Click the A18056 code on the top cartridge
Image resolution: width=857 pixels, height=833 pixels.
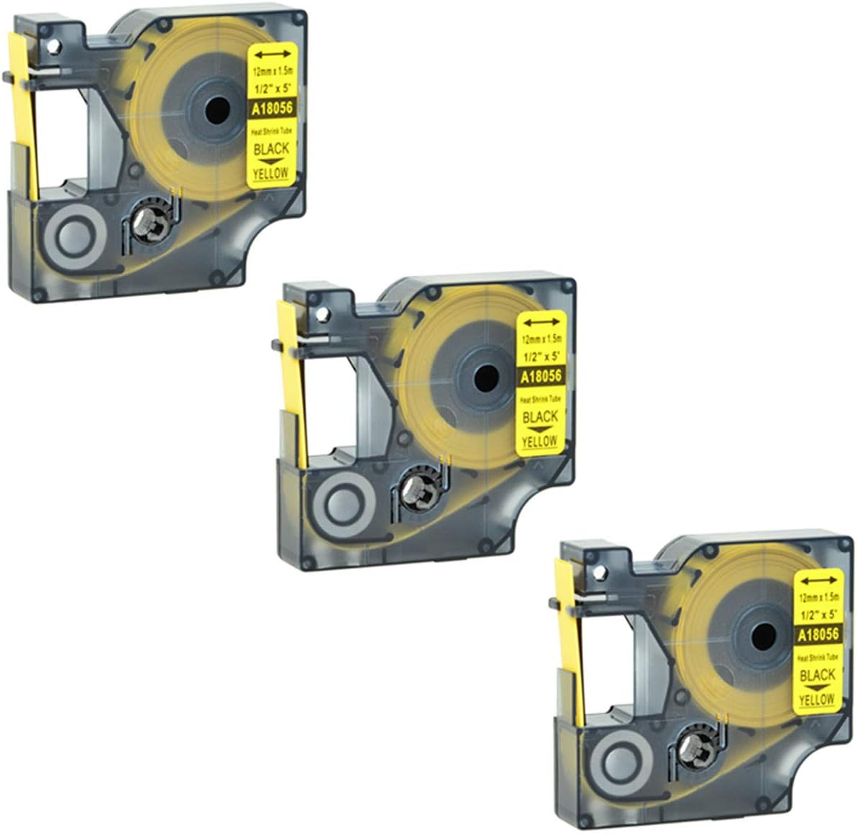pyautogui.click(x=272, y=109)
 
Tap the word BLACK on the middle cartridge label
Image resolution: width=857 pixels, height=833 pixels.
pyautogui.click(x=541, y=417)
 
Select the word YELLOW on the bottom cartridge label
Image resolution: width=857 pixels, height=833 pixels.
pyautogui.click(x=817, y=699)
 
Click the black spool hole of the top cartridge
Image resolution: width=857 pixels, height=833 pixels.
pyautogui.click(x=216, y=111)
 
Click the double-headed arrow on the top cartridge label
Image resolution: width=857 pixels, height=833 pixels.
pyautogui.click(x=272, y=53)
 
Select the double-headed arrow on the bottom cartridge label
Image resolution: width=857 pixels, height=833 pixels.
pyautogui.click(x=817, y=579)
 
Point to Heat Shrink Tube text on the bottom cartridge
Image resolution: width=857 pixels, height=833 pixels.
pyautogui.click(x=817, y=657)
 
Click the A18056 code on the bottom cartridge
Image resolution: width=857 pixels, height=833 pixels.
pyautogui.click(x=817, y=634)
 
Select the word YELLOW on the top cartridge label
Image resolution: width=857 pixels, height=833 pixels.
pyautogui.click(x=272, y=172)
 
